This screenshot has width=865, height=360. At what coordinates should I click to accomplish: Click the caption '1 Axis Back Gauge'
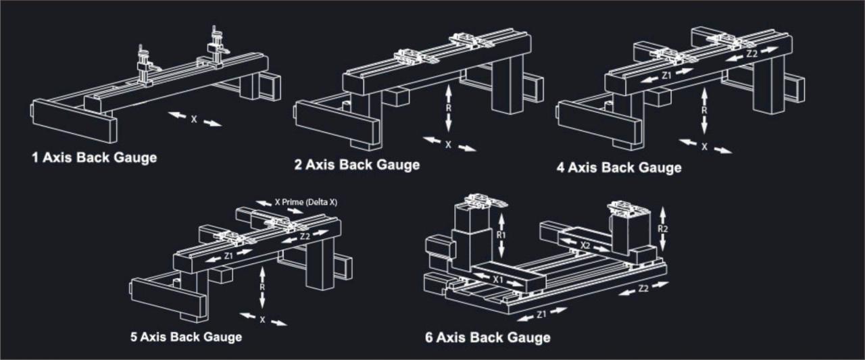pyautogui.click(x=94, y=158)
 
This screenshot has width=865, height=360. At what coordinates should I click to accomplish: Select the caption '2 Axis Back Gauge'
pyautogui.click(x=357, y=165)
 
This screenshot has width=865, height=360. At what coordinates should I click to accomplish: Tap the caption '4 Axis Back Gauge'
pyautogui.click(x=618, y=167)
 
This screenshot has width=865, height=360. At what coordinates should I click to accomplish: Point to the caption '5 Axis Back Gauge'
pyautogui.click(x=187, y=336)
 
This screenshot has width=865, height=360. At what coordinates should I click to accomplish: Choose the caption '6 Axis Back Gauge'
pyautogui.click(x=487, y=337)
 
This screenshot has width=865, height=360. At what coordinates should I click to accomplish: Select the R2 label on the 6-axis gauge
pyautogui.click(x=663, y=228)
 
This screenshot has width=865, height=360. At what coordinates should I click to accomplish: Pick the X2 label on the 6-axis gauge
pyautogui.click(x=585, y=247)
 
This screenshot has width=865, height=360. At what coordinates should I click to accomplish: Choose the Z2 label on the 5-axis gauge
pyautogui.click(x=305, y=236)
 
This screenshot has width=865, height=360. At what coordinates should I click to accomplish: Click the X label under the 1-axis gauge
pyautogui.click(x=194, y=120)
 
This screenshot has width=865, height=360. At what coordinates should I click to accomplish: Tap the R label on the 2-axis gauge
pyautogui.click(x=448, y=108)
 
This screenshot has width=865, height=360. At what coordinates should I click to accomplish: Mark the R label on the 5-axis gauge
pyautogui.click(x=262, y=286)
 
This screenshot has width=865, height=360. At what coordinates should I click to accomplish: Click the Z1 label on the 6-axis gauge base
pyautogui.click(x=542, y=314)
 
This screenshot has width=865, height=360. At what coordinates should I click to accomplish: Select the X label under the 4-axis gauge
pyautogui.click(x=705, y=146)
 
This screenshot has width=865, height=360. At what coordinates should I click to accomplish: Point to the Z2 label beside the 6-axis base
pyautogui.click(x=643, y=288)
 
